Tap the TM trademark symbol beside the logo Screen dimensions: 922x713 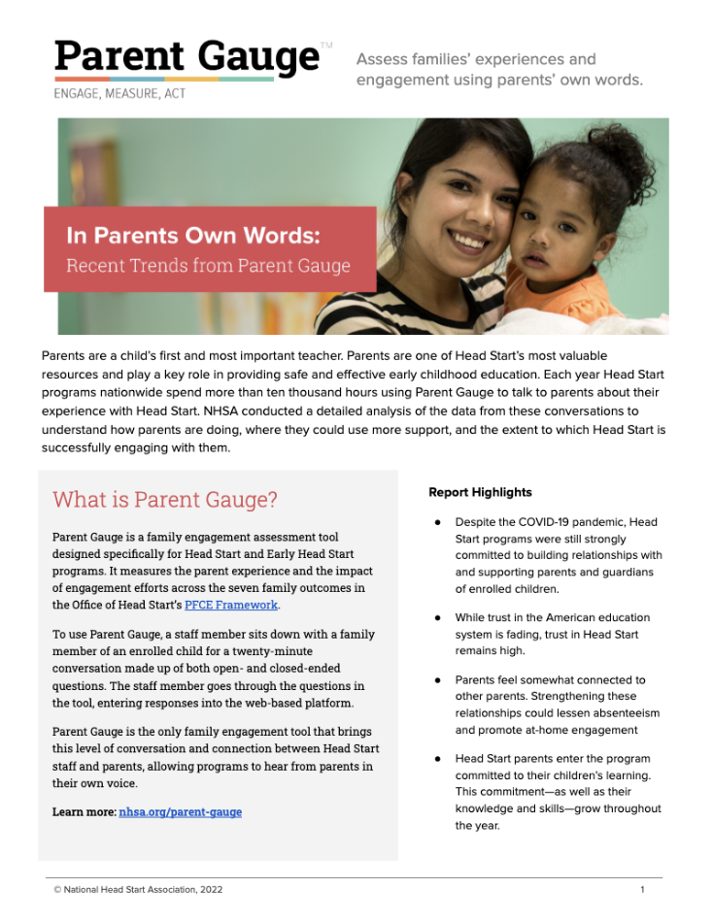[326, 45]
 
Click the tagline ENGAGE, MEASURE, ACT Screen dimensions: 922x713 [119, 94]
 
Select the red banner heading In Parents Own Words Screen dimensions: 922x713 [192, 236]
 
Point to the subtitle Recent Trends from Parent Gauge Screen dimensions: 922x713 [208, 265]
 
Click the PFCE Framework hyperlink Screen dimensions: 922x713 [231, 605]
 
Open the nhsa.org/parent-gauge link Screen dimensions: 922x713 [180, 811]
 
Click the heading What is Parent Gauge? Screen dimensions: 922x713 [164, 500]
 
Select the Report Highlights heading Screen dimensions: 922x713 [480, 493]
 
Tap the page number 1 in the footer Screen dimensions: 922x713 [642, 889]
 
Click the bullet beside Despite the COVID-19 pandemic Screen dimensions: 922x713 [438, 523]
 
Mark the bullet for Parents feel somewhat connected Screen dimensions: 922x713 [438, 680]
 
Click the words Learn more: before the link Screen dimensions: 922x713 [84, 811]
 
